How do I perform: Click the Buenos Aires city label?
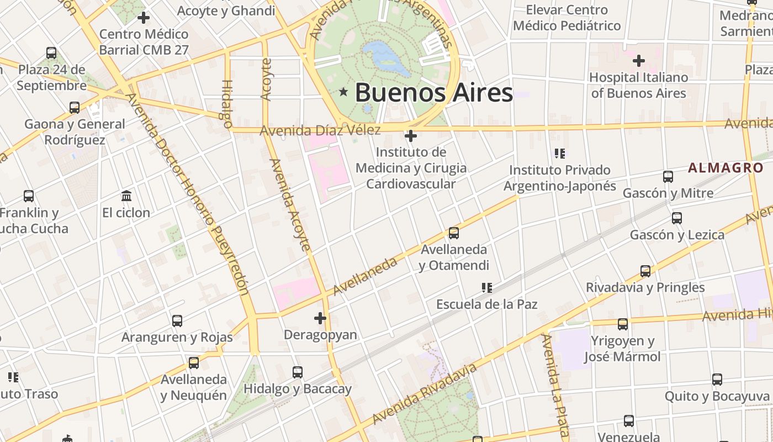pyautogui.click(x=433, y=93)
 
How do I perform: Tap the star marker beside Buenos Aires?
pyautogui.click(x=343, y=92)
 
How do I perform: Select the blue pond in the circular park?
pyautogui.click(x=386, y=57)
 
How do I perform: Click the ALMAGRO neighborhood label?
pyautogui.click(x=726, y=168)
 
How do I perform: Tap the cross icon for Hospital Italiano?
pyautogui.click(x=639, y=60)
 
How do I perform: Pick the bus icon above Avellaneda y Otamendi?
pyautogui.click(x=454, y=233)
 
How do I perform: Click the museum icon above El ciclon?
pyautogui.click(x=126, y=196)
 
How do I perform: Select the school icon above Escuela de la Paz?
pyautogui.click(x=486, y=287)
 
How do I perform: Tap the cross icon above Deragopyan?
pyautogui.click(x=320, y=318)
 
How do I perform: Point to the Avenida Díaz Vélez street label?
pyautogui.click(x=320, y=130)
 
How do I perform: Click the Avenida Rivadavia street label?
pyautogui.click(x=424, y=394)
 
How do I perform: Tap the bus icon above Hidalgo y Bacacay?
pyautogui.click(x=298, y=372)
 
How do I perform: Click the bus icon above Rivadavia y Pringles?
pyautogui.click(x=645, y=271)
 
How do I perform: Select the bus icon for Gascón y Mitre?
pyautogui.click(x=668, y=177)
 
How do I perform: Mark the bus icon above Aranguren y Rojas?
pyautogui.click(x=177, y=321)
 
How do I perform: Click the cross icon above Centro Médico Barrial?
pyautogui.click(x=144, y=18)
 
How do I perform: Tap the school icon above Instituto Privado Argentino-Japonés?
pyautogui.click(x=560, y=153)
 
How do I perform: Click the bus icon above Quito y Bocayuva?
pyautogui.click(x=717, y=380)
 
